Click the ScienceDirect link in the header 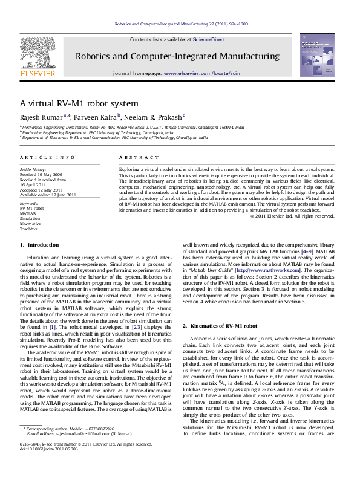pyautogui.click(x=209, y=39)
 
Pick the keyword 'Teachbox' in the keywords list pyautogui.click(x=28, y=230)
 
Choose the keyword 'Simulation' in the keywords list pyautogui.click(x=30, y=219)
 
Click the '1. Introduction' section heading pyautogui.click(x=39, y=245)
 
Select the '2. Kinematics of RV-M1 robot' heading pyautogui.click(x=220, y=326)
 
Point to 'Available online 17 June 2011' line pyautogui.click(x=48, y=195)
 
